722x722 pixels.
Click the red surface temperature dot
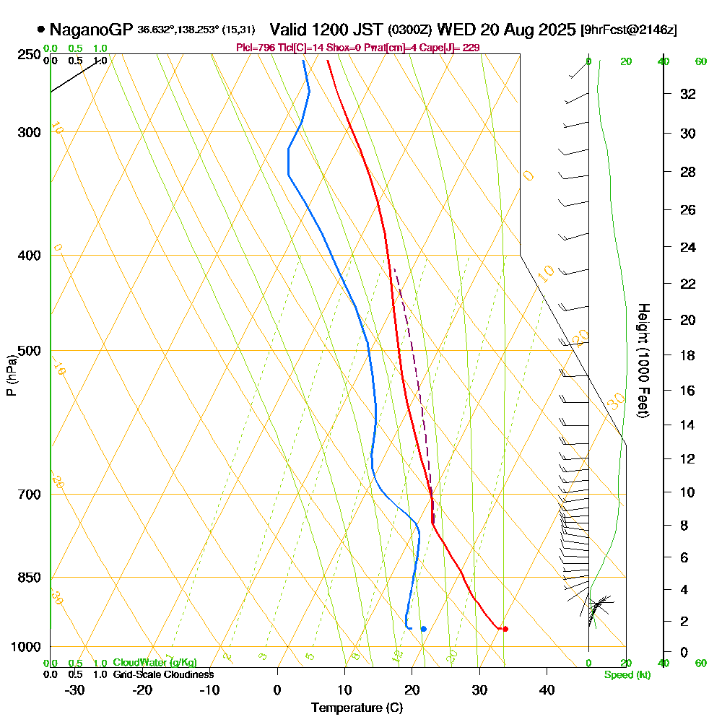tap(505, 629)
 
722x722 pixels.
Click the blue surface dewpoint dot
tap(423, 629)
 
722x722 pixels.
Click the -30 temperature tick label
tap(75, 690)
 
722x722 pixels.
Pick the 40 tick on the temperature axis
tap(547, 690)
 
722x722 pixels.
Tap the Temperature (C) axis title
tap(357, 708)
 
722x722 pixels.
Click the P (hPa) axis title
tap(11, 375)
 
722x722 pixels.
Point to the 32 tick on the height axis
tap(688, 94)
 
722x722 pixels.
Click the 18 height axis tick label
tap(688, 355)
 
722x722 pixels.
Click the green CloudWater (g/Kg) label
tap(155, 663)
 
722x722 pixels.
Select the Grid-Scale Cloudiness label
tap(162, 674)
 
